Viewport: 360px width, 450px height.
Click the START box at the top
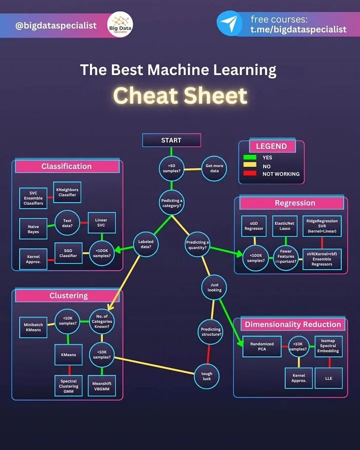click(171, 140)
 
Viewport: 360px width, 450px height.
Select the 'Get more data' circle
click(213, 168)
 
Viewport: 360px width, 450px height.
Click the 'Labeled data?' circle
click(146, 244)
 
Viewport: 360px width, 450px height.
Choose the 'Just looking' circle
click(214, 286)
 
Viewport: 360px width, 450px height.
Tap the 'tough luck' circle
click(206, 376)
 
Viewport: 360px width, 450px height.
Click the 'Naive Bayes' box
click(33, 229)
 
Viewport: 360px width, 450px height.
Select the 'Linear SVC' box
click(101, 222)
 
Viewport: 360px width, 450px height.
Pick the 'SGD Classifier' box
click(68, 253)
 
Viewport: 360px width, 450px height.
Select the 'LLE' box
click(328, 378)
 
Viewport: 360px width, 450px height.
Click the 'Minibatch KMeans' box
click(33, 327)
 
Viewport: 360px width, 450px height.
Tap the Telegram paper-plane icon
click(229, 24)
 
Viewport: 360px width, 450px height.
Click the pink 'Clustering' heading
click(68, 295)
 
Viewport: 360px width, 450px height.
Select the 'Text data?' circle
click(67, 222)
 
